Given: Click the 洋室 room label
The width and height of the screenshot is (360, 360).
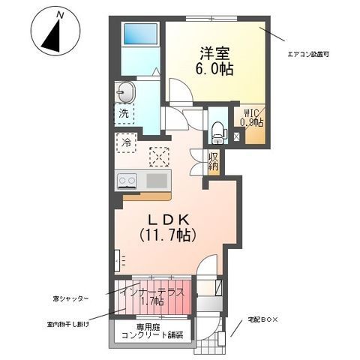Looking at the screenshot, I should (214, 53).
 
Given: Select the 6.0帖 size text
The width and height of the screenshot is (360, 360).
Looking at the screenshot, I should (214, 70).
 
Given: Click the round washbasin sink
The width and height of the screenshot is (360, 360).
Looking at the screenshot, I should (124, 93).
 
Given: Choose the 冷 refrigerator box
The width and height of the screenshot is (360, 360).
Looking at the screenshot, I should (124, 141).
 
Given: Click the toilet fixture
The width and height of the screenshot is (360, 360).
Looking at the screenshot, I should (217, 132).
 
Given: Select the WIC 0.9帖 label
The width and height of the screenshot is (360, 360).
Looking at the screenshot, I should (251, 118).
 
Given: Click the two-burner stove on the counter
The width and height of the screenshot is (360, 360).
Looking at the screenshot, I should (126, 180).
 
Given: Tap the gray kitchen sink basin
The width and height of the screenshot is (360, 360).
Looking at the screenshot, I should (157, 180).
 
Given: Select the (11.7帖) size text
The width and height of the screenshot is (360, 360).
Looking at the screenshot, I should (169, 235).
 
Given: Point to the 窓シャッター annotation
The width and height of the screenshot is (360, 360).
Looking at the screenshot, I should (72, 298).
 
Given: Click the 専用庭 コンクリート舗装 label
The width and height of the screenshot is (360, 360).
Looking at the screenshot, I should (152, 331).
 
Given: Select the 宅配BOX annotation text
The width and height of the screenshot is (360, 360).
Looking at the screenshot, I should (263, 321).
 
